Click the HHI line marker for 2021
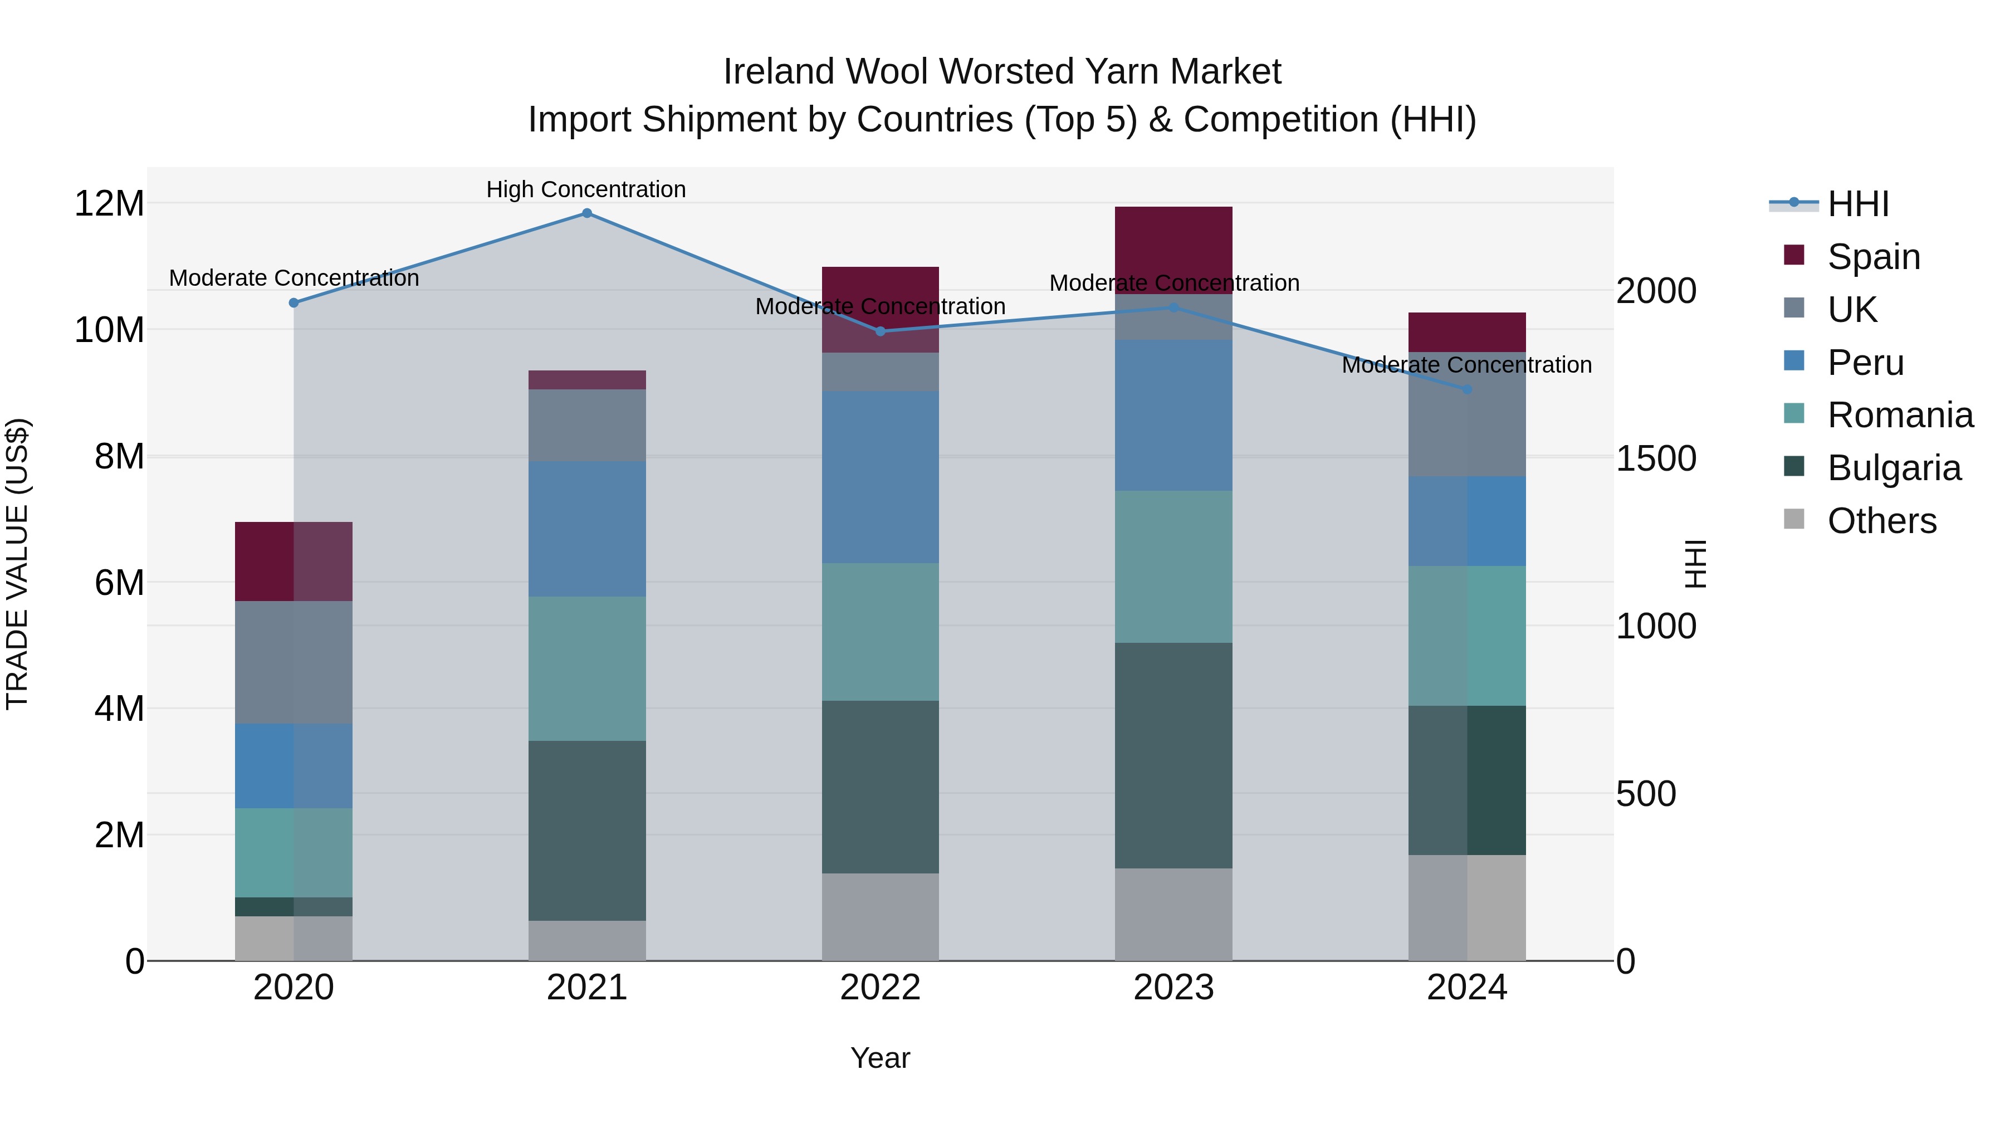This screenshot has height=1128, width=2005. [587, 213]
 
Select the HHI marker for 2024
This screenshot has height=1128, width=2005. [1467, 389]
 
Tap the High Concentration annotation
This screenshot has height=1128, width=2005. [586, 189]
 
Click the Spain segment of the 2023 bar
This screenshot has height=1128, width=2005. [1173, 249]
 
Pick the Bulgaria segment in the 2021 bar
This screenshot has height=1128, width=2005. [587, 830]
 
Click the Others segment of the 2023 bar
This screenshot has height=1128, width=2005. [1173, 914]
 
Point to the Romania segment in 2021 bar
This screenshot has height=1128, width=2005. [587, 668]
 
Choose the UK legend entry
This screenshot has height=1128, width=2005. [1852, 310]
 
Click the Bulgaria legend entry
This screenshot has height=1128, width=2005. [1894, 468]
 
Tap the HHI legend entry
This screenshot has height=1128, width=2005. [1858, 204]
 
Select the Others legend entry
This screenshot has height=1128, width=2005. [1881, 521]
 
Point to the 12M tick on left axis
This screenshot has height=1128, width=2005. [109, 204]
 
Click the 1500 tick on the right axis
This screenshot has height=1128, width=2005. [1656, 458]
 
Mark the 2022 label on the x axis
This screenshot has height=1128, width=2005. [881, 988]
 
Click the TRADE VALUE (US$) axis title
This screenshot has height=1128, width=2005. [17, 564]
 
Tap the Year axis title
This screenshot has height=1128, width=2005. [881, 1058]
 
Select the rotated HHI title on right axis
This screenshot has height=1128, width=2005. [1694, 564]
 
